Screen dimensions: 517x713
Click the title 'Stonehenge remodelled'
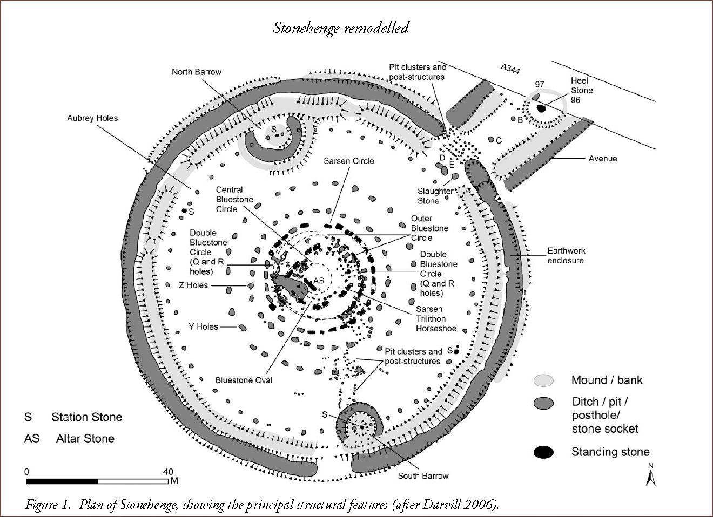coord(340,28)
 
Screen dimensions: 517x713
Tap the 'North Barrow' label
coord(197,72)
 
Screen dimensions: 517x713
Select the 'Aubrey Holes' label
coord(92,118)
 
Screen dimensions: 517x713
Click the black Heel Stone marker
coord(541,108)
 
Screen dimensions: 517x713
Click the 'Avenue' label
coord(602,159)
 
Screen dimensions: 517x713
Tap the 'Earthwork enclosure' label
coord(566,255)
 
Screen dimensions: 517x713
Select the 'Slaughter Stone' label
coord(435,196)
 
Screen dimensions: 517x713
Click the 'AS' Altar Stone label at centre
coord(319,281)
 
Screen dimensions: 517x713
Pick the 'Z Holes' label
coord(193,285)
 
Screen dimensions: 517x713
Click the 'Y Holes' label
coord(203,326)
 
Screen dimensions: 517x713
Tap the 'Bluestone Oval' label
coord(244,380)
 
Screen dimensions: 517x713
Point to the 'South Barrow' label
coord(423,475)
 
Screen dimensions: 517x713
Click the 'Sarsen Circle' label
coord(349,161)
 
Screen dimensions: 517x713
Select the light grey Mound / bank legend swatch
coord(543,380)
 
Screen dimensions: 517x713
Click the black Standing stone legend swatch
coord(543,452)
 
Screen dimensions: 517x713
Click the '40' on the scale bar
coord(168,471)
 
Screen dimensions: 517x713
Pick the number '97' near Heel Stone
coord(539,84)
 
